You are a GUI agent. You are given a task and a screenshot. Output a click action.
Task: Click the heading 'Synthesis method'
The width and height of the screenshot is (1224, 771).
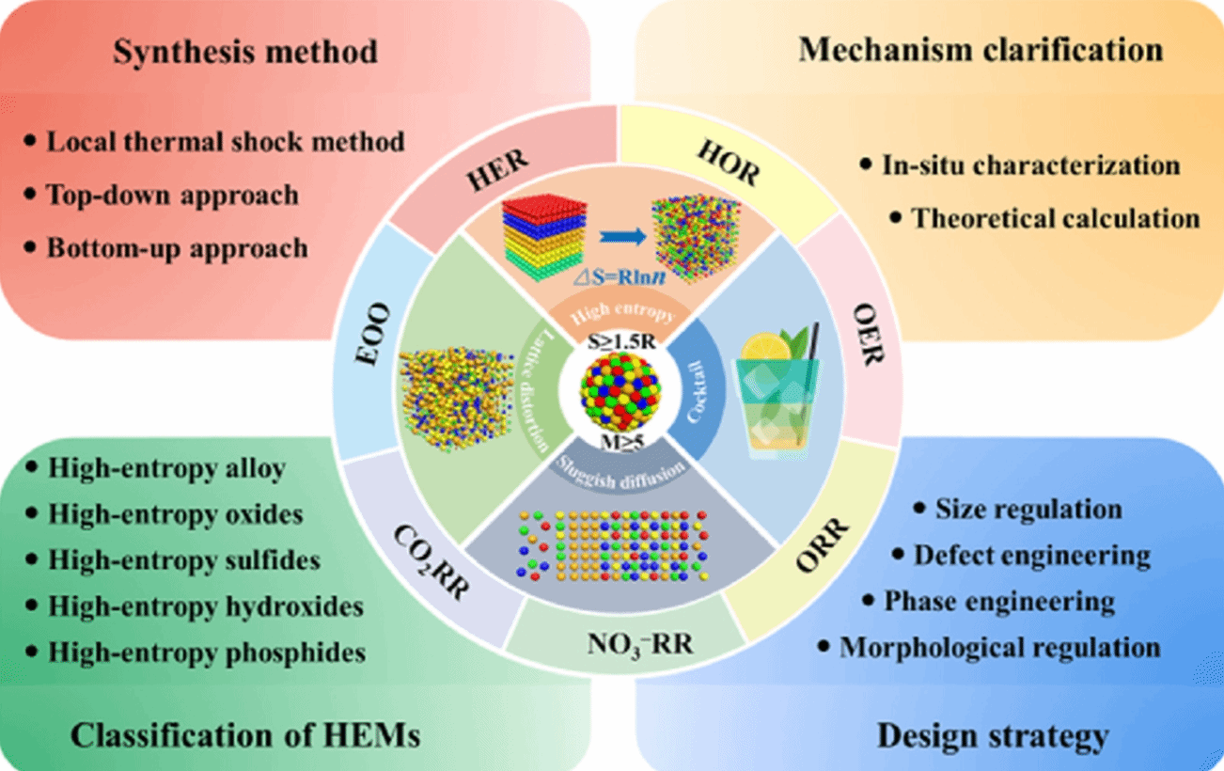click(x=245, y=51)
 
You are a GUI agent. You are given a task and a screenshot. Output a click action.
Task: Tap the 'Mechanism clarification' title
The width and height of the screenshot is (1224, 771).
click(x=981, y=49)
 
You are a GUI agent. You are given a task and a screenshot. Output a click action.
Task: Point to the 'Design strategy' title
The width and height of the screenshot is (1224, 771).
click(x=993, y=734)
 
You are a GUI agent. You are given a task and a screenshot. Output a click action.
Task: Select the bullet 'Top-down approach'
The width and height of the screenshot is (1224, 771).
click(x=172, y=195)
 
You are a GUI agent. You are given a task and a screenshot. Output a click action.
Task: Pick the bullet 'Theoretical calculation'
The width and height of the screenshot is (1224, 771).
click(x=1055, y=217)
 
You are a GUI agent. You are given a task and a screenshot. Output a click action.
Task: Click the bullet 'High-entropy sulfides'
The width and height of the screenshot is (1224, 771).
click(x=184, y=560)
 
